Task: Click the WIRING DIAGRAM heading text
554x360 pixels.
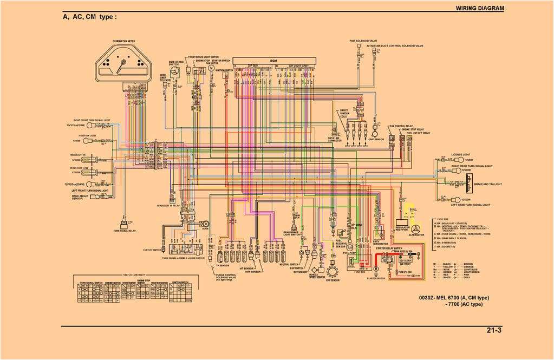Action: coord(480,8)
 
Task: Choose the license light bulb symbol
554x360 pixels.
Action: coord(462,160)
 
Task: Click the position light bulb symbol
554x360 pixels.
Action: coord(87,141)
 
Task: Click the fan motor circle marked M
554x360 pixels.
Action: coord(212,69)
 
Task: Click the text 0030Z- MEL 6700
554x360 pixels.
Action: coord(439,297)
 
